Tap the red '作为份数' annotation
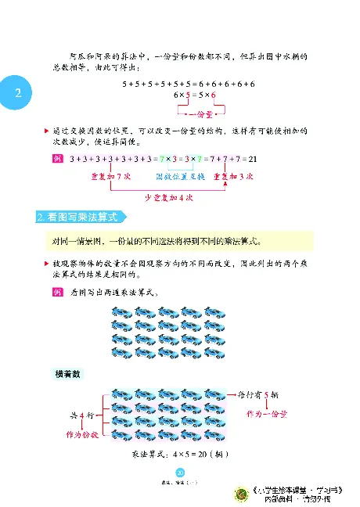[71, 431]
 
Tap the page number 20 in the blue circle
[179, 472]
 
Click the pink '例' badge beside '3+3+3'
[56, 159]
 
